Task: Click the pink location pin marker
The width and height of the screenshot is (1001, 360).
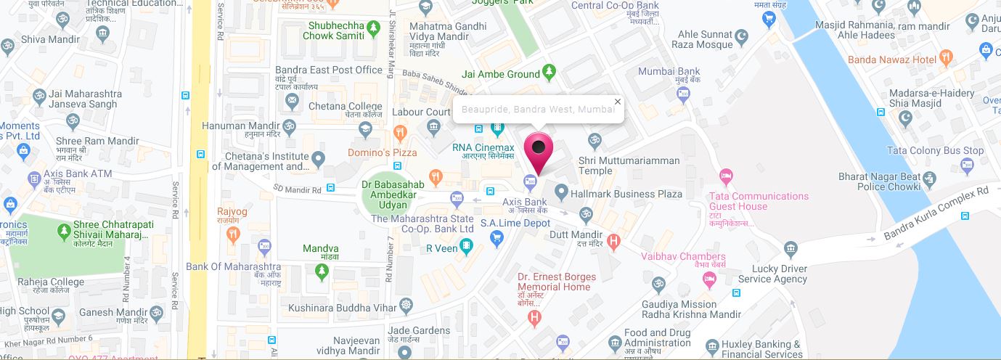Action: point(538,149)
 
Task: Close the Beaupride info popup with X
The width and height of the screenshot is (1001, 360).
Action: point(618,102)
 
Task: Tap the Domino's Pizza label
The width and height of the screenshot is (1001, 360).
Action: point(383,152)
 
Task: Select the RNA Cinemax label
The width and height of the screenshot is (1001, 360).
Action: point(483,148)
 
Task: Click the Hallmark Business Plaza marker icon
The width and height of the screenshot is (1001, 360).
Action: point(560,193)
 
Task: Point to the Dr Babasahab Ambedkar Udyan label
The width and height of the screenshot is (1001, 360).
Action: point(393,195)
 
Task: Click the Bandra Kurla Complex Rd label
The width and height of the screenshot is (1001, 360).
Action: point(936,213)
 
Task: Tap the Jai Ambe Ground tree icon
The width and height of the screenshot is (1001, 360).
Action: point(549,73)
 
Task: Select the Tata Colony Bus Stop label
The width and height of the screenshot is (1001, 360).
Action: point(936,151)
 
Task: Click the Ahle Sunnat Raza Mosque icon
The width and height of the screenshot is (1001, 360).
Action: point(741,35)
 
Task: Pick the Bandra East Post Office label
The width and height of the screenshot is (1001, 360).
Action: point(329,70)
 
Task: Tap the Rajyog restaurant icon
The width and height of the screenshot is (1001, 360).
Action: point(232,233)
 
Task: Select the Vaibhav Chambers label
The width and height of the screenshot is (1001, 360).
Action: point(683,256)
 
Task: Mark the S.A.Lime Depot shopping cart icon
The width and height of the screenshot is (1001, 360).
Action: point(497,237)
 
